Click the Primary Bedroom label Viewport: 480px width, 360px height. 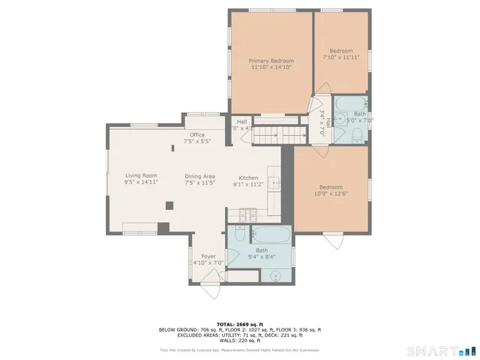point(271,61)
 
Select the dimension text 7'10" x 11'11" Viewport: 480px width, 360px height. point(341,57)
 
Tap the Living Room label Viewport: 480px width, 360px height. point(141,175)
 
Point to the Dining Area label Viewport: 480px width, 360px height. point(200,175)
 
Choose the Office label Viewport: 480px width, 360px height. point(197,135)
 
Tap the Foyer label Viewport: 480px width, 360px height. point(208,256)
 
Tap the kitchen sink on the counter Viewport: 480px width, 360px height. point(275,181)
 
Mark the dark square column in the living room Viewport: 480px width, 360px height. point(170,205)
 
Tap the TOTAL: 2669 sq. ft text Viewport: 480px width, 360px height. point(239,324)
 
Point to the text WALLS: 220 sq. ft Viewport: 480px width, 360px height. point(239,340)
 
